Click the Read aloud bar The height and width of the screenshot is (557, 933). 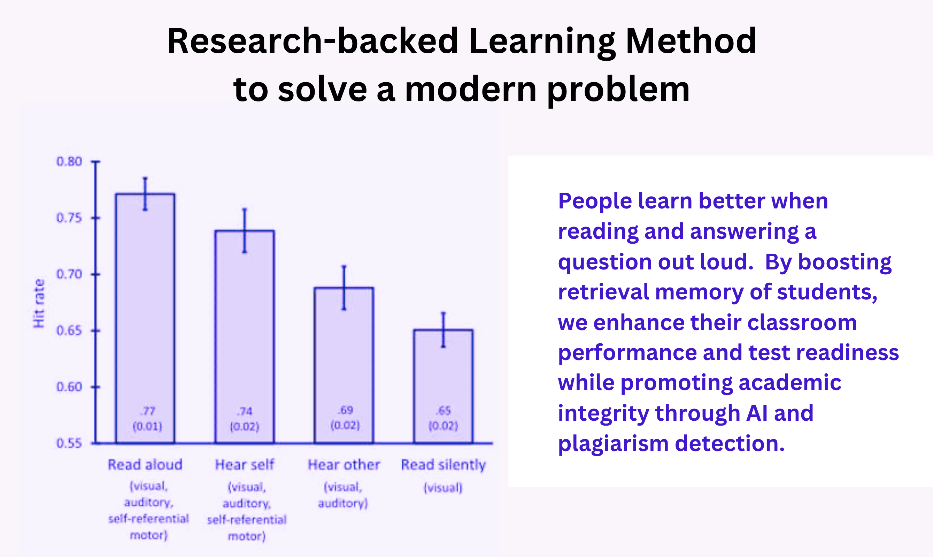[x=145, y=318]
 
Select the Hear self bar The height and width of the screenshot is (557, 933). [x=245, y=337]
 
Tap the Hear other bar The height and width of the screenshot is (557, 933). [x=344, y=365]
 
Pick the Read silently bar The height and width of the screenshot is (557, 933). [x=443, y=386]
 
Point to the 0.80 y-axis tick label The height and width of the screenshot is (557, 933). [x=69, y=162]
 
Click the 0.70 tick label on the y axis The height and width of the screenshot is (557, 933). [x=69, y=274]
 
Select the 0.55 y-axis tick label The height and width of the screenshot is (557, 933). [x=69, y=443]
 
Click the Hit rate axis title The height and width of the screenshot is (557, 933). [x=39, y=303]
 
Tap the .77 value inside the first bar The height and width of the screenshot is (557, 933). [x=147, y=411]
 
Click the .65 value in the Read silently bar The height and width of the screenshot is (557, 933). [x=444, y=411]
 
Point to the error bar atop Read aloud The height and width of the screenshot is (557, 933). [x=145, y=194]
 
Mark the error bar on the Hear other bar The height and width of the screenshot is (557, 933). [x=344, y=288]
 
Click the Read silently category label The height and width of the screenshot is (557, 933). [x=444, y=465]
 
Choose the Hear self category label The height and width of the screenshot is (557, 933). [x=245, y=465]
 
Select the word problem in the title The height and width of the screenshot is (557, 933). [x=618, y=91]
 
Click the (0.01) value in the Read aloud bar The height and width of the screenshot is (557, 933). [x=147, y=426]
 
